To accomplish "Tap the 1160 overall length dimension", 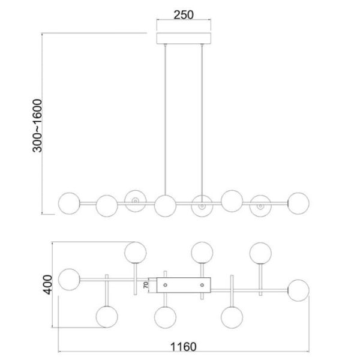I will (x=184, y=347).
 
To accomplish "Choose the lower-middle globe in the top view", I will (x=165, y=316).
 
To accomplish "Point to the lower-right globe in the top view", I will (x=231, y=316).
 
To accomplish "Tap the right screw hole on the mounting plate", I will (x=202, y=284).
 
